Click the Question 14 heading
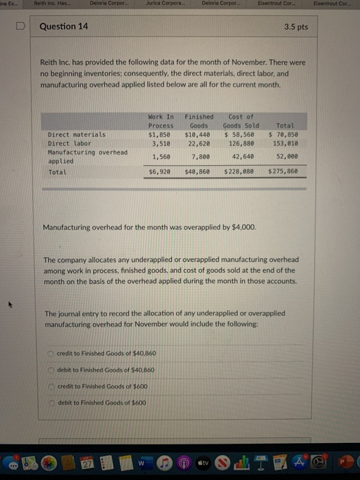64,27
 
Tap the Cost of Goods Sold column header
241,121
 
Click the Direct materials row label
76,135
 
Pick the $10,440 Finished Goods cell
199,135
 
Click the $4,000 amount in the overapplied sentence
244,226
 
